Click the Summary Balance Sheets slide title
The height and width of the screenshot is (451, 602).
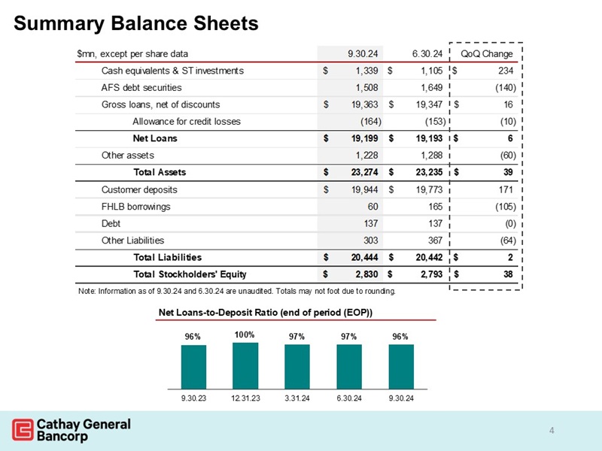click(136, 23)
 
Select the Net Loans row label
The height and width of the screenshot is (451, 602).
click(155, 139)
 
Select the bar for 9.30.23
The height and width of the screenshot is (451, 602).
click(193, 367)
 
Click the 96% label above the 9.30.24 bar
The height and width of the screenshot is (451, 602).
click(400, 337)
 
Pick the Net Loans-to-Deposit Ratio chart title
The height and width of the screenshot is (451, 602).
click(266, 312)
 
